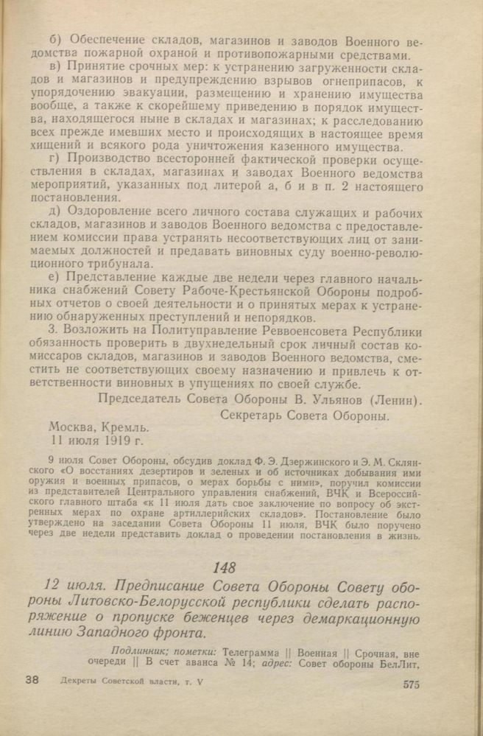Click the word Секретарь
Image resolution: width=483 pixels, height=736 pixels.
(254, 416)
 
